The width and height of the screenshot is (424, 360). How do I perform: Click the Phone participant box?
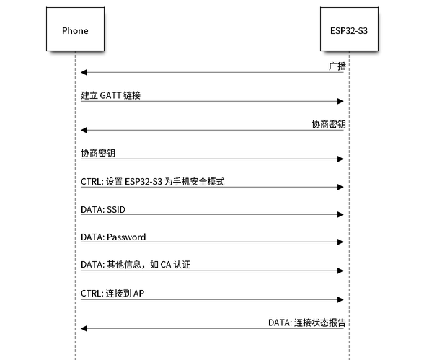(75, 29)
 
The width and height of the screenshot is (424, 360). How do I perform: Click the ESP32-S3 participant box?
(349, 29)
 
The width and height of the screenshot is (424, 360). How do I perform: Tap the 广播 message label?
(337, 66)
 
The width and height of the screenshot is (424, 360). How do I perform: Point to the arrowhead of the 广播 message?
(84, 72)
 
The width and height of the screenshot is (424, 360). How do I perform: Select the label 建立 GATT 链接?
(110, 95)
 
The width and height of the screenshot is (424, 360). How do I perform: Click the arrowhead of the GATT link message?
(340, 102)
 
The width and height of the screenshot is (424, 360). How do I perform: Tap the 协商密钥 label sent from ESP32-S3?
(329, 124)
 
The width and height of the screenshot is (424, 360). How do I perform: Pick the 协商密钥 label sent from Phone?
(98, 153)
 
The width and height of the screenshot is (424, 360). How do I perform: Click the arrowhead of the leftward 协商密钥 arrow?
(84, 130)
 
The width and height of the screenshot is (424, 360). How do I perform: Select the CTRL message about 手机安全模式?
(153, 182)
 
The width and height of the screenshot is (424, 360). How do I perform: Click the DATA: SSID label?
(103, 210)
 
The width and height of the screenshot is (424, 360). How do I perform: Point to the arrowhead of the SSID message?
(340, 215)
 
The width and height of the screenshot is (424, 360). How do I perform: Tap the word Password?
(126, 237)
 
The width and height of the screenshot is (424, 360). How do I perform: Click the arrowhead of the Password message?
(340, 242)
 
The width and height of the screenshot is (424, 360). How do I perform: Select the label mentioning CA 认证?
(136, 265)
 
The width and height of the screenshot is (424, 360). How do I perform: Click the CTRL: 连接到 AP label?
(112, 293)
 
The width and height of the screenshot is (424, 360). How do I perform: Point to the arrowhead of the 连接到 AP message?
(340, 299)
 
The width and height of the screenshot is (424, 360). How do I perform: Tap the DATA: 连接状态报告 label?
(307, 322)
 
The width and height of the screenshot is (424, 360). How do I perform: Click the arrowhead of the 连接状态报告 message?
(84, 329)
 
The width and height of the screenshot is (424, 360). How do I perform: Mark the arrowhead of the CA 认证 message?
(340, 271)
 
